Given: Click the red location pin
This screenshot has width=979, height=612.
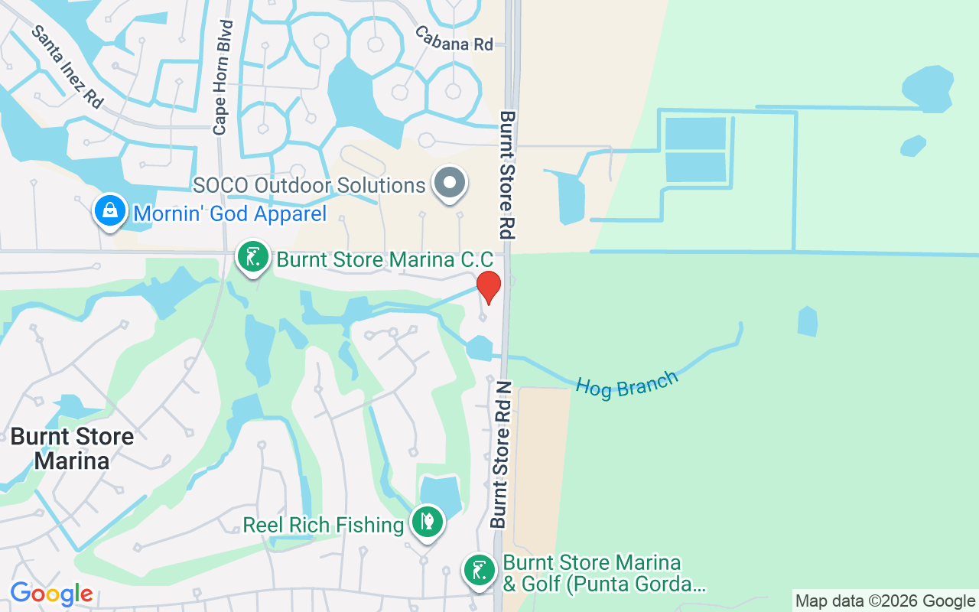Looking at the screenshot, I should point(489,286).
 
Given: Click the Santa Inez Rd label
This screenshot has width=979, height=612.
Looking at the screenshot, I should point(67,67).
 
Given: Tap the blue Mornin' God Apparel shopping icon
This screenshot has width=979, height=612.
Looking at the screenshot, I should point(110,210).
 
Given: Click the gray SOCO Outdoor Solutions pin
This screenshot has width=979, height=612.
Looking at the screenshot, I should point(450,184).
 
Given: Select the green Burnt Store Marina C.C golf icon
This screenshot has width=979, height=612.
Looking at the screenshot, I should point(252,256).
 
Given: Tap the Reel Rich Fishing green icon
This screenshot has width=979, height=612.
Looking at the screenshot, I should point(427,522).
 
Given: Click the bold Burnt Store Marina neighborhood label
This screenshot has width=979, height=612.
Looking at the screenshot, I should point(72,449).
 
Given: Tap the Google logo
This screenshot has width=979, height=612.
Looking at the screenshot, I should point(51,594).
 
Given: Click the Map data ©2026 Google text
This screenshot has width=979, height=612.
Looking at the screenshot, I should point(885,601).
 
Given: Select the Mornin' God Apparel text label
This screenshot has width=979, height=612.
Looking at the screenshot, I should point(229,213).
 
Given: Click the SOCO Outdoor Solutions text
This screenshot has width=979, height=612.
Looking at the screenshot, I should point(309,185).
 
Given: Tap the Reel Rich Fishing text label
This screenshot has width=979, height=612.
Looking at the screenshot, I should point(323,526).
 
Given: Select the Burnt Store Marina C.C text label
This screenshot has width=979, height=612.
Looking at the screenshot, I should point(384,259).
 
